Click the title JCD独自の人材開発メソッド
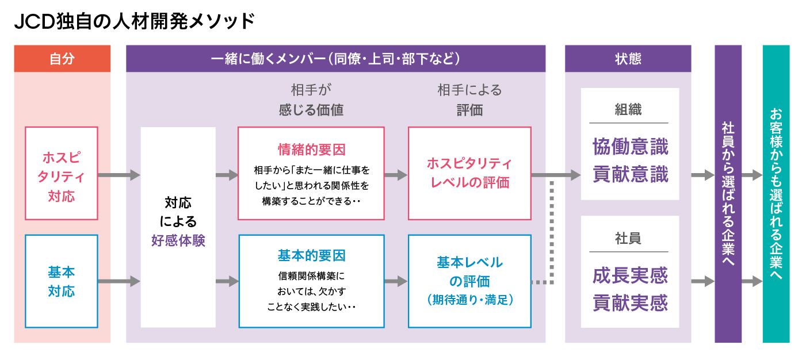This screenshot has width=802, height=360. pos(134,21)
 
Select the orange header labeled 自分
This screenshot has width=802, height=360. pos(62,59)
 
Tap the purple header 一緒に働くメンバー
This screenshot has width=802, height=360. pos(335,59)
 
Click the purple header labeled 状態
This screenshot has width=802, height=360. pos(628,59)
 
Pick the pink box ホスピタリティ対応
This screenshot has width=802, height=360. pos(62,174)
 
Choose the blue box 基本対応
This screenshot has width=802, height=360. pos(62,281)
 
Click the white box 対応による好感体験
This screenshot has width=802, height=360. pos(178,227)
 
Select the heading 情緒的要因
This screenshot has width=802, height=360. pos(311,150)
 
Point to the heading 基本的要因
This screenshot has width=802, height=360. pos(311,255)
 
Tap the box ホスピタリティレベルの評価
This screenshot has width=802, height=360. pos(469,174)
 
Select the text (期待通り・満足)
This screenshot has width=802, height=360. pos(469,300)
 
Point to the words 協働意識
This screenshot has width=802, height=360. pos(630,147)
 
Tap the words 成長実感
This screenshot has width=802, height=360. pos(630,275)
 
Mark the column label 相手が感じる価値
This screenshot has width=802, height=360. pos(311,100)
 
